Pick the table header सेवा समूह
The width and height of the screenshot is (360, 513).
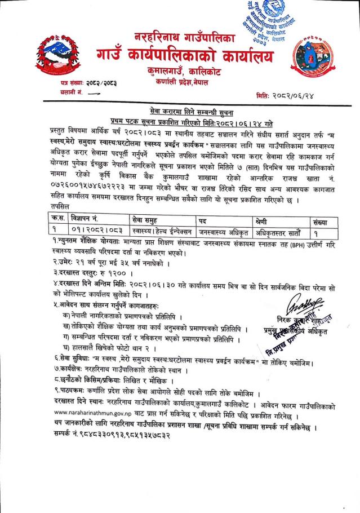tap(134, 219)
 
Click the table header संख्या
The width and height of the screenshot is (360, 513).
tap(327, 219)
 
